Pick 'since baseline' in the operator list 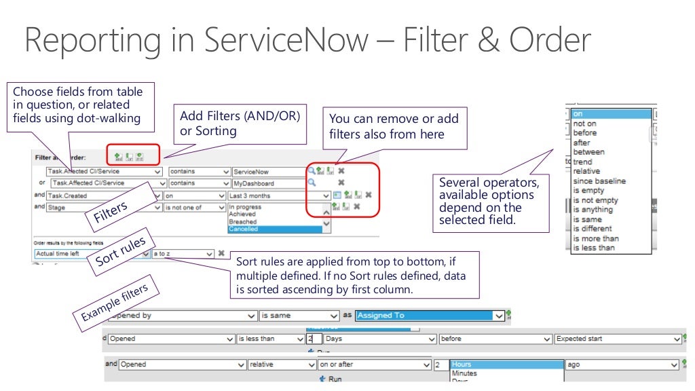coord(599,181)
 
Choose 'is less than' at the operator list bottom coord(594,248)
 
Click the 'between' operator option coord(588,152)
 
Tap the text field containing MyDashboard coord(269,183)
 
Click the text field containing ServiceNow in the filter coord(269,172)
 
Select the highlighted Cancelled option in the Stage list coord(275,229)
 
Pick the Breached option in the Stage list coord(275,222)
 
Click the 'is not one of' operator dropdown coord(195,208)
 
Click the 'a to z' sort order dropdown coord(183,254)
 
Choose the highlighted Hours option coord(506,365)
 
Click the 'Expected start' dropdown coord(617,339)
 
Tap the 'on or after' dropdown coord(374,365)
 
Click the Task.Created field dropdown coord(105,195)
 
